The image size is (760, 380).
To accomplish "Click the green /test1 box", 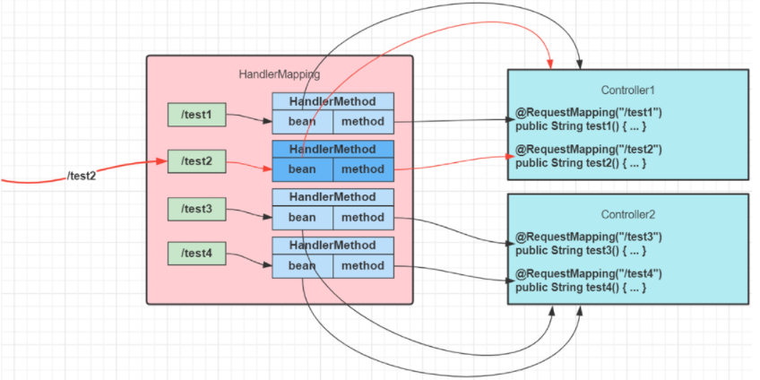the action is pyautogui.click(x=197, y=115).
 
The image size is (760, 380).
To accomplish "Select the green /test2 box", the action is pyautogui.click(x=197, y=161).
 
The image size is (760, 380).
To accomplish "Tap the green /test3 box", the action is pyautogui.click(x=197, y=210).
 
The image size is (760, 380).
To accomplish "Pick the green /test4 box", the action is pyautogui.click(x=197, y=253).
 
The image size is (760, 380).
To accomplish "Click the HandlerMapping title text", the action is pyautogui.click(x=280, y=74).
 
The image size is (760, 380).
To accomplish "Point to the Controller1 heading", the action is pyautogui.click(x=628, y=91).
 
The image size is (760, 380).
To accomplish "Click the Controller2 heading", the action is pyautogui.click(x=628, y=214).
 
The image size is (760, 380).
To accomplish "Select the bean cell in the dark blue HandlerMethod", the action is pyautogui.click(x=302, y=169).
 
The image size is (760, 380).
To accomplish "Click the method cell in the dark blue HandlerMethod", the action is pyautogui.click(x=363, y=169).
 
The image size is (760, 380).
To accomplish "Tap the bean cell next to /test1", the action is pyautogui.click(x=302, y=122).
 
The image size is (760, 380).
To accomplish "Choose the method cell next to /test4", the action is pyautogui.click(x=363, y=265).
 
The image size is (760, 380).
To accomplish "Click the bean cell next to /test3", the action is pyautogui.click(x=302, y=218).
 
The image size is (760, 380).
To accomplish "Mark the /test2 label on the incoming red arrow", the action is pyautogui.click(x=82, y=177).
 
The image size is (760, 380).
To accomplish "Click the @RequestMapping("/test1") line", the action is pyautogui.click(x=589, y=113).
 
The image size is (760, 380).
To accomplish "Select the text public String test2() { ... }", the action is pyautogui.click(x=581, y=163).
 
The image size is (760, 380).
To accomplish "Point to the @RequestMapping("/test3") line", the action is pyautogui.click(x=589, y=237).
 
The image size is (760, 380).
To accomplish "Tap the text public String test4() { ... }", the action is pyautogui.click(x=581, y=288).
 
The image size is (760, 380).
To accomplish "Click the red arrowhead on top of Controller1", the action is pyautogui.click(x=550, y=65).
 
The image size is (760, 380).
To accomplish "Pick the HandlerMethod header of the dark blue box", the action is pyautogui.click(x=332, y=150).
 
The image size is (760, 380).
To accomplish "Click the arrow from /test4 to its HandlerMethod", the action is pyautogui.click(x=249, y=259).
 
